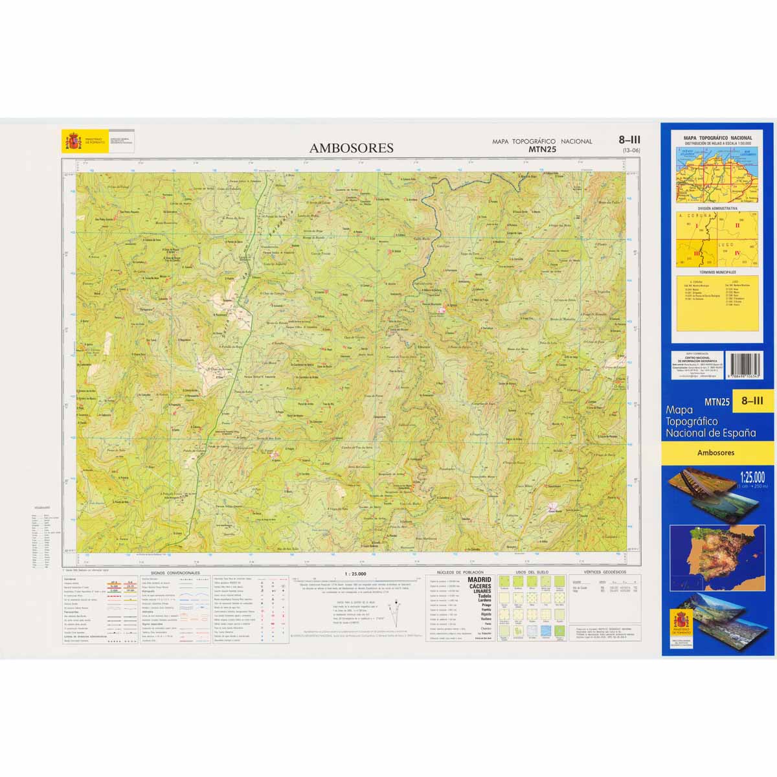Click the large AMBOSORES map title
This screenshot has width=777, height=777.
pos(351,148)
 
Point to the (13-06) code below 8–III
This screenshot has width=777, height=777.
pos(631,150)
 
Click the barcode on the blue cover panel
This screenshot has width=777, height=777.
pos(745,366)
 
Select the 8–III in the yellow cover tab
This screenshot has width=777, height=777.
pos(752,401)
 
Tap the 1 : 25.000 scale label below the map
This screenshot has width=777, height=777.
pos(355,574)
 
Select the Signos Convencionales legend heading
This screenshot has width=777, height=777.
pos(175,573)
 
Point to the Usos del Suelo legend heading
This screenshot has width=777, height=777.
pos(532,573)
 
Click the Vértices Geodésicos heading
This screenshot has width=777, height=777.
pos(605,573)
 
